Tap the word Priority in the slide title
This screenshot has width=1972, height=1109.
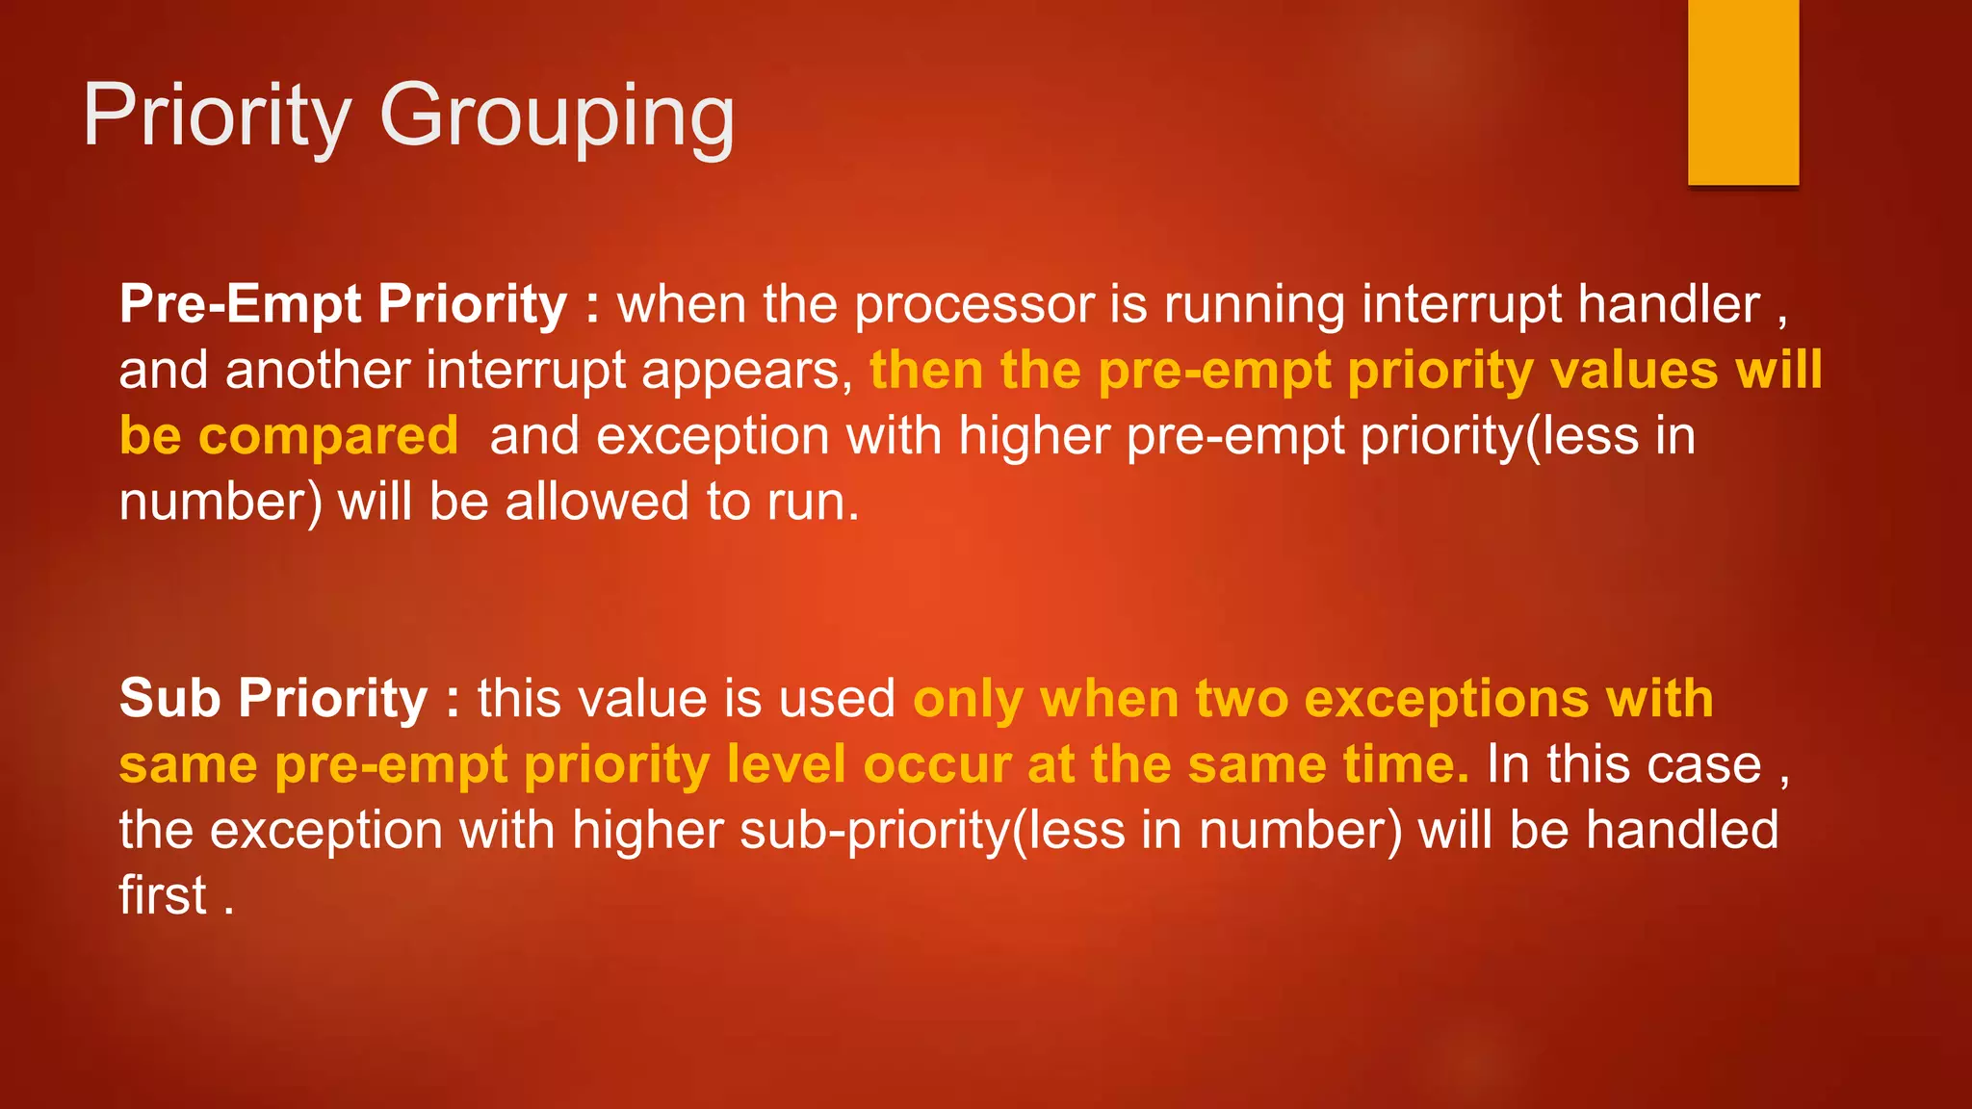tap(217, 117)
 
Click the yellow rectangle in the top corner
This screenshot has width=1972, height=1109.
tap(1743, 91)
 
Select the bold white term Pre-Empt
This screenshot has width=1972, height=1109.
tap(240, 305)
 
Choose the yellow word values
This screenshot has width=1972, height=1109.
tap(1634, 371)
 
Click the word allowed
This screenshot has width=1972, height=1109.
tap(597, 503)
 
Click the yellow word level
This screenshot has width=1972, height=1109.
tap(786, 765)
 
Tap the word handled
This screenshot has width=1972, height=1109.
tap(1681, 830)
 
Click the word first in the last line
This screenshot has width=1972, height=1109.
tap(163, 895)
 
